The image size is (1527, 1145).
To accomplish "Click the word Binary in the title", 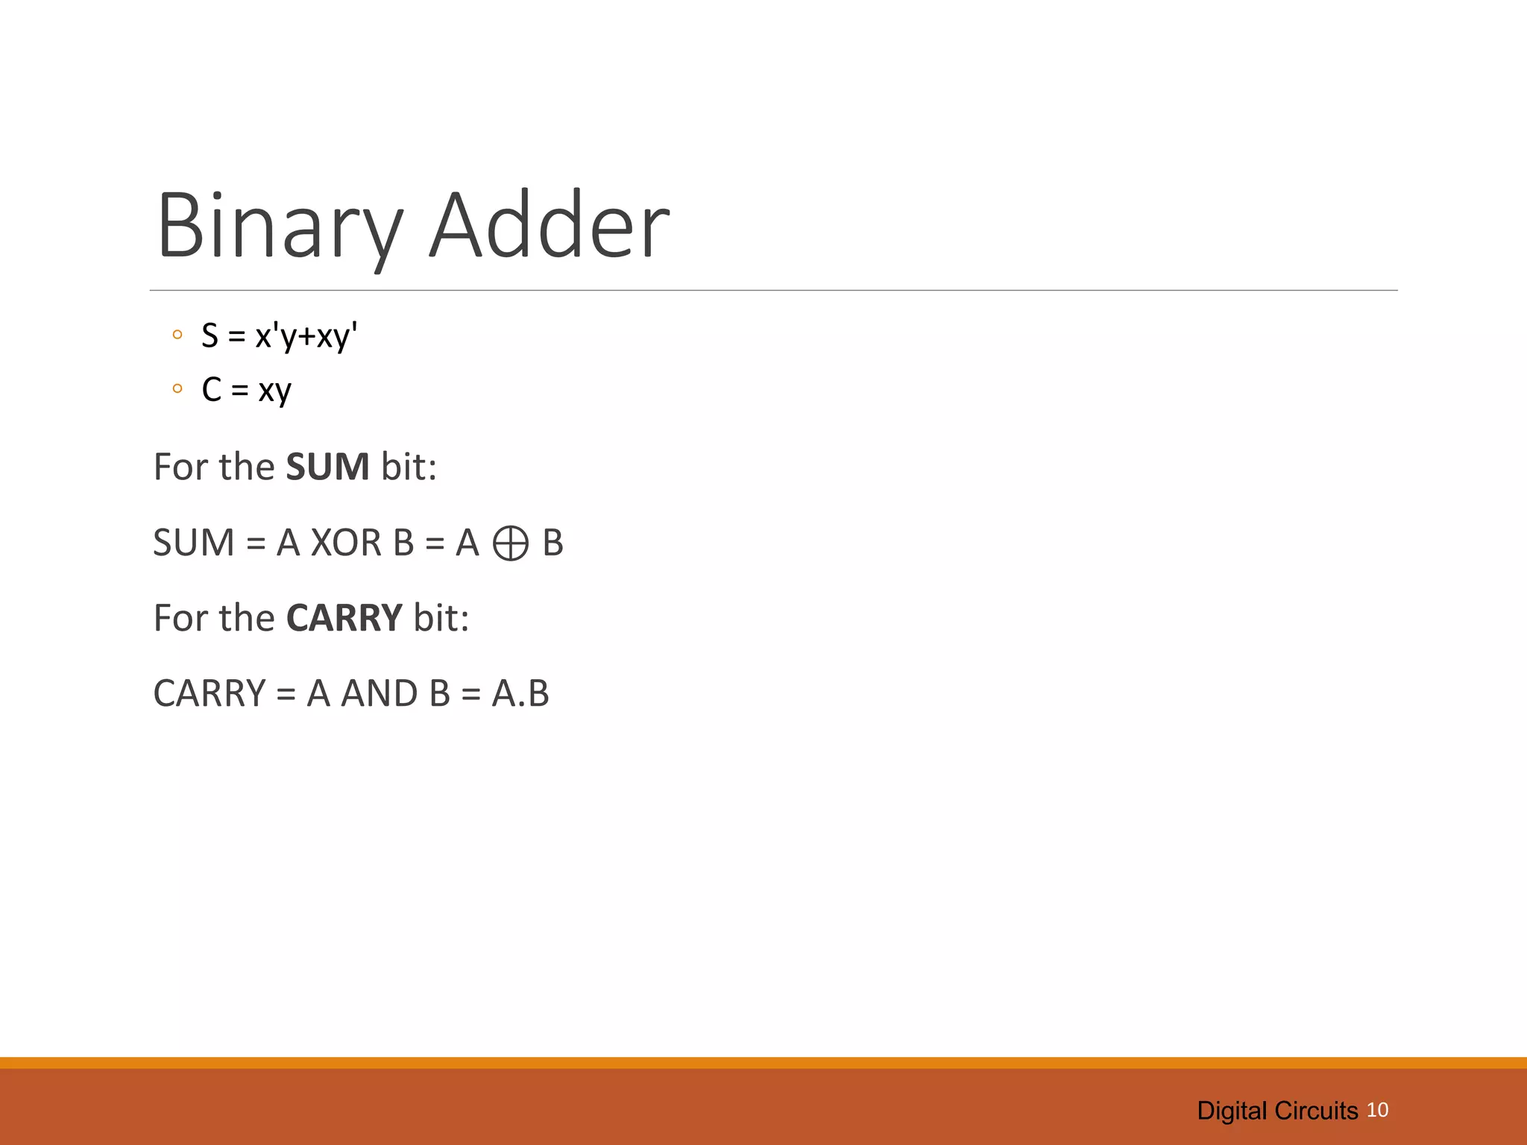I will tap(280, 226).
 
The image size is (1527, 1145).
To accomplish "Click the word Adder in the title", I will tap(550, 226).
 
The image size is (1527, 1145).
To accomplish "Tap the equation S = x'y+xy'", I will tap(280, 336).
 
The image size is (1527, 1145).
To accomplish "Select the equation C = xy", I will tap(246, 390).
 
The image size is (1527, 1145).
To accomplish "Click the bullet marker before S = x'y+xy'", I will tap(177, 335).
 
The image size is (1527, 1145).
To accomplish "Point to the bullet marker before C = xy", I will tap(177, 388).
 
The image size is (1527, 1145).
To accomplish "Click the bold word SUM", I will tap(327, 467).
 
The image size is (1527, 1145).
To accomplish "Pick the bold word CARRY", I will tap(344, 618).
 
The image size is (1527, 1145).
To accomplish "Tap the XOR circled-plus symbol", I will tap(511, 543).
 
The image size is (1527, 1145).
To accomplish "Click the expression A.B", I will tap(520, 693).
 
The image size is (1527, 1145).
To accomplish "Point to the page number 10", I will tap(1377, 1110).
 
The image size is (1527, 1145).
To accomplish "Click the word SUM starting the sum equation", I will tap(194, 543).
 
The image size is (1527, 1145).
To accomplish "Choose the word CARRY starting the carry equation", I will tap(210, 693).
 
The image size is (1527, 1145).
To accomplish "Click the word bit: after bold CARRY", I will tap(441, 618).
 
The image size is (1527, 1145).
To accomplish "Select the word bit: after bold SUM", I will tap(409, 467).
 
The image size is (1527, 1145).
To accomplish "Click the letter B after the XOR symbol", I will tap(552, 543).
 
